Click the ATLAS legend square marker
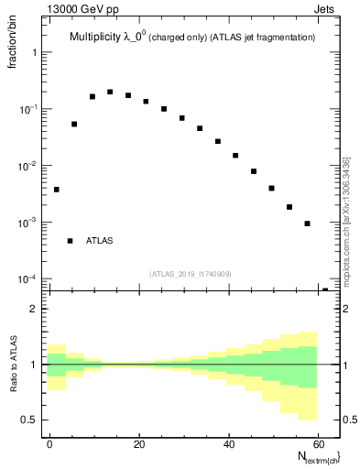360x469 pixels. (x=70, y=241)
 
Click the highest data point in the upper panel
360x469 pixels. (x=110, y=92)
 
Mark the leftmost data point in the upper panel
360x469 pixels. (x=57, y=190)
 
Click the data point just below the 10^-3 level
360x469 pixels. (x=307, y=224)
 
